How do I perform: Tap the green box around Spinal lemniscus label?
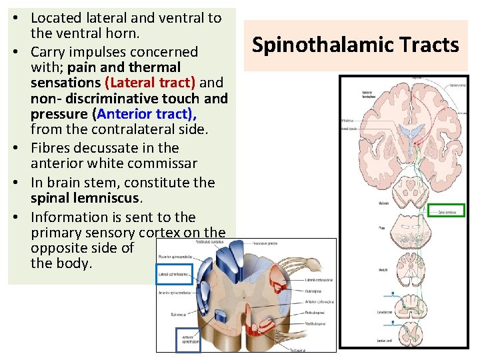pyautogui.click(x=446, y=211)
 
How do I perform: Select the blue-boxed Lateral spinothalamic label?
pyautogui.click(x=174, y=274)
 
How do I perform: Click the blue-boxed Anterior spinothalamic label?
pyautogui.click(x=187, y=339)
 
